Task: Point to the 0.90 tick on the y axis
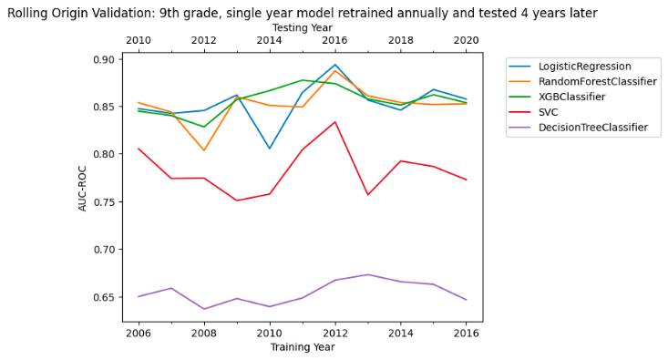click(106, 59)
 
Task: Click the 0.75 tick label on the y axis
click(106, 202)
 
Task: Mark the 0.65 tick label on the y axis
click(106, 297)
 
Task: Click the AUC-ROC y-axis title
click(83, 188)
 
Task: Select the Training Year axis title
click(302, 347)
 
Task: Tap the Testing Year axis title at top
click(302, 28)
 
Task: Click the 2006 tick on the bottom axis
click(139, 333)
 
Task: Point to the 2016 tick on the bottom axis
click(466, 333)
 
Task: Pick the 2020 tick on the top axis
click(466, 41)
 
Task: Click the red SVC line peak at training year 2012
click(334, 122)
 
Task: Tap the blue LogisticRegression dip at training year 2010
click(269, 149)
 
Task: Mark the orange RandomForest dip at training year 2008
click(204, 150)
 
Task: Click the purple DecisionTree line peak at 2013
click(367, 274)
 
